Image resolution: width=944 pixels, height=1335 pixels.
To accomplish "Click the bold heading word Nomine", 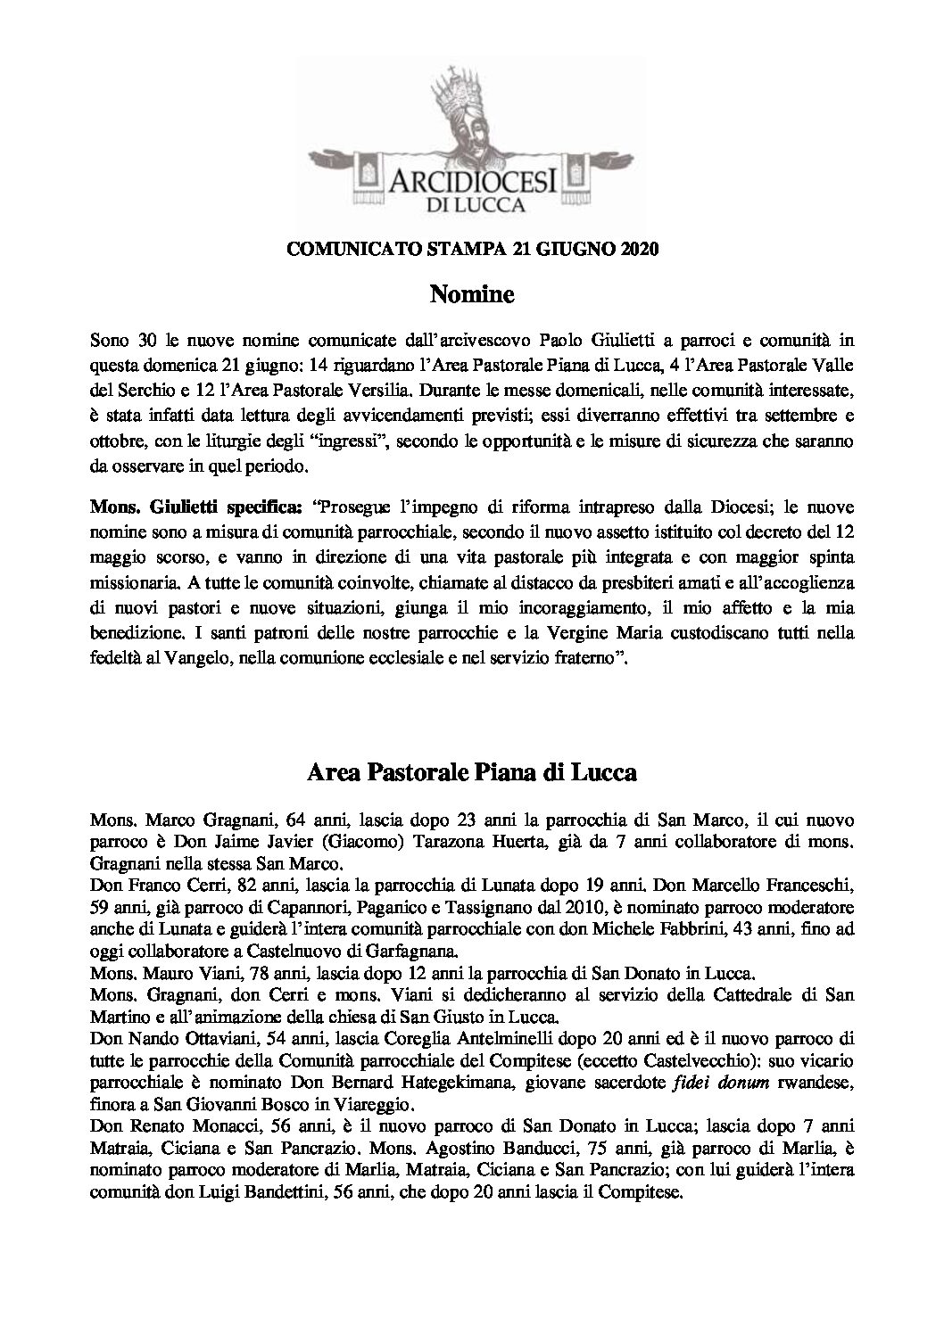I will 472,293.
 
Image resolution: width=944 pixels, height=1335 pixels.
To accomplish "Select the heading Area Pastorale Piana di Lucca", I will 472,772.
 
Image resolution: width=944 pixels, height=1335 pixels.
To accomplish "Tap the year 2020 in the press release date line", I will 638,251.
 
